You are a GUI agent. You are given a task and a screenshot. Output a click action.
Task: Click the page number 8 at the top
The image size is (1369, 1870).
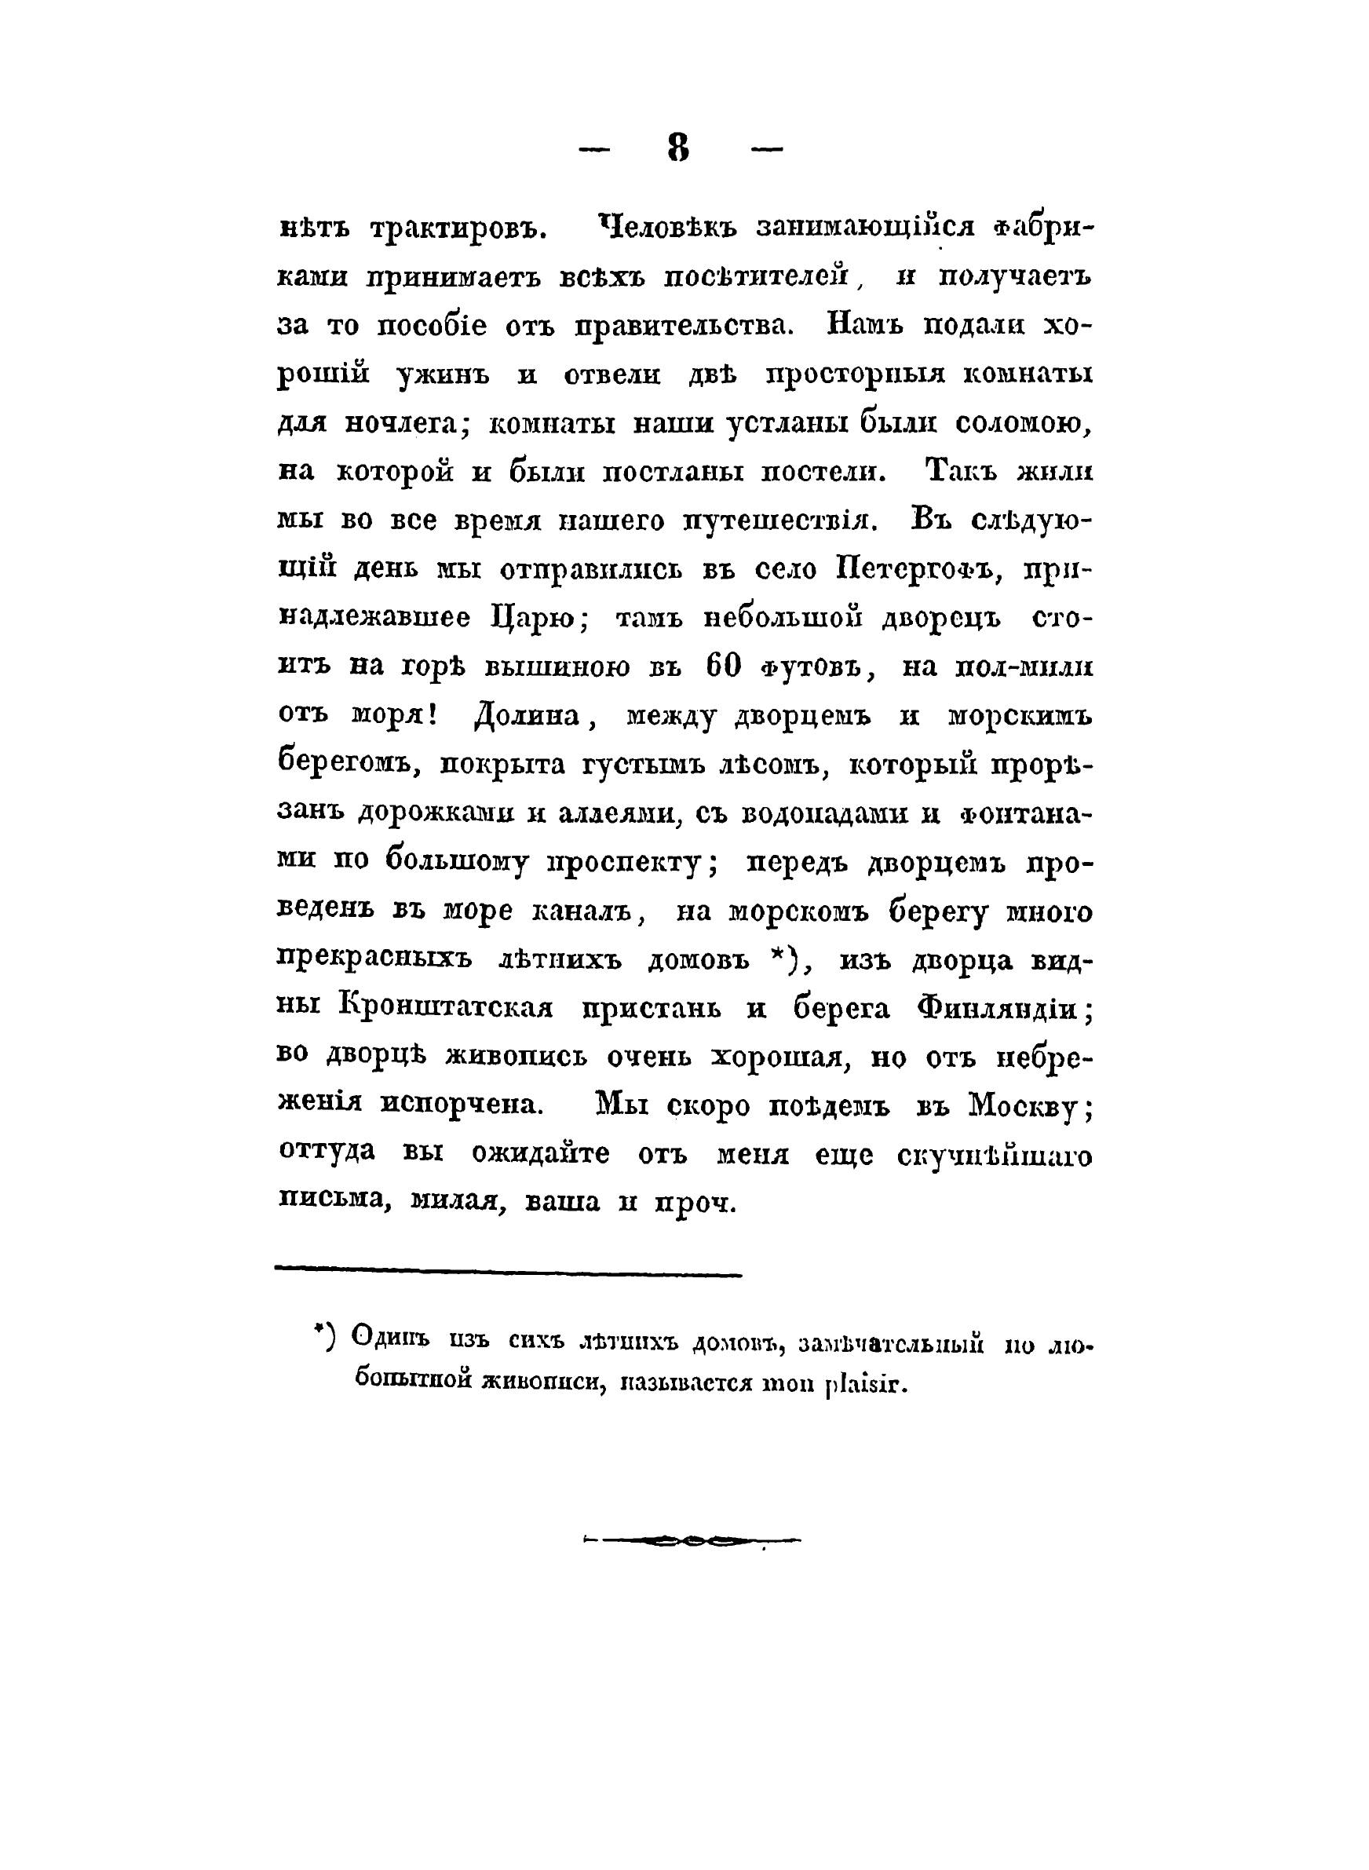pyautogui.click(x=678, y=148)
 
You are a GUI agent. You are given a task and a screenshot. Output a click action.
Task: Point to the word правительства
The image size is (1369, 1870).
pyautogui.click(x=684, y=326)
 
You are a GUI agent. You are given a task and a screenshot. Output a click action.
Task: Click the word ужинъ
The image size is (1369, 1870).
pyautogui.click(x=444, y=374)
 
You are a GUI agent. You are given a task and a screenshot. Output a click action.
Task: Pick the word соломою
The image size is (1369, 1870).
pyautogui.click(x=1024, y=424)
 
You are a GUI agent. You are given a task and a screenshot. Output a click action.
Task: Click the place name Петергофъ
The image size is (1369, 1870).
pyautogui.click(x=910, y=570)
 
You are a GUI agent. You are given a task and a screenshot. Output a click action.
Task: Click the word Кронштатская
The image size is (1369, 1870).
pyautogui.click(x=446, y=1009)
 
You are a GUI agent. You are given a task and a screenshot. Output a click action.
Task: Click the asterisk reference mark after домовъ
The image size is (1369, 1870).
pyautogui.click(x=780, y=958)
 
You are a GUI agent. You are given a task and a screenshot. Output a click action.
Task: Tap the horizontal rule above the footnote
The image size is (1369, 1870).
pyautogui.click(x=507, y=1275)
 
